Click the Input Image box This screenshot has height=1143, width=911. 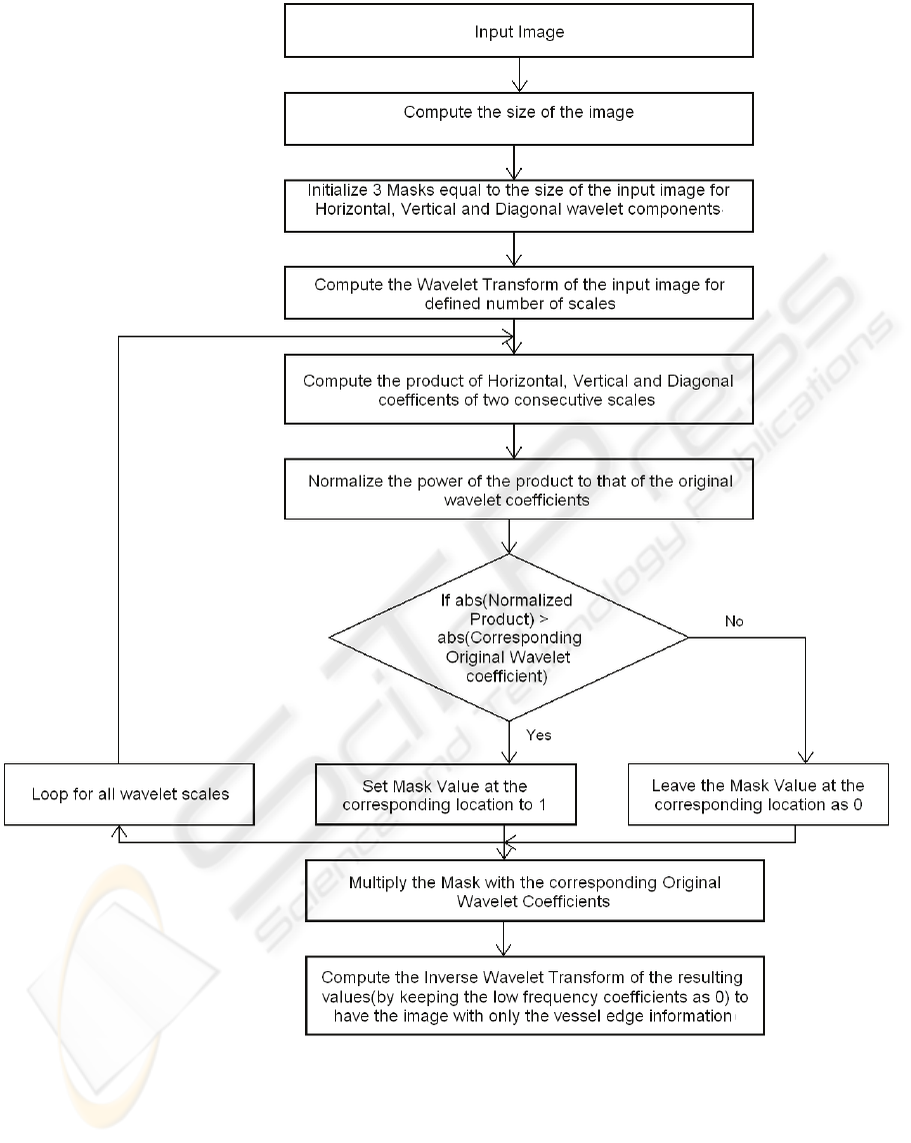(518, 32)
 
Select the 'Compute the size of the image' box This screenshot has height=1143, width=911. (518, 113)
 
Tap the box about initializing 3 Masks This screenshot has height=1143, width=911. (513, 206)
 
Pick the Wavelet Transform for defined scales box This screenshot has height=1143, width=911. (519, 294)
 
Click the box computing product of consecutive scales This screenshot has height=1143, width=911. (518, 391)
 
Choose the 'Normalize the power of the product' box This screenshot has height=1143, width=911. (519, 490)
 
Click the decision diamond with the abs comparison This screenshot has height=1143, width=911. (509, 636)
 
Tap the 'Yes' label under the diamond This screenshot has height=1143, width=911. (539, 735)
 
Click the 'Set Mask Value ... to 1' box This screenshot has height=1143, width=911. (446, 794)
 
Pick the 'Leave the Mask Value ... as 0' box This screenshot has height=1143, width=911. (758, 794)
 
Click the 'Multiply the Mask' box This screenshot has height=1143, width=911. (534, 892)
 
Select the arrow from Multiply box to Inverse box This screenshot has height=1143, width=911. (503, 939)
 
